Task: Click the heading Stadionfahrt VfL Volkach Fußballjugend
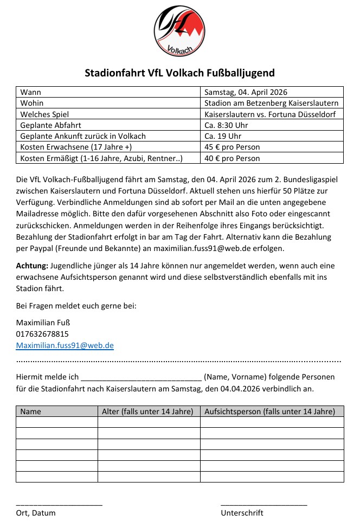click(179, 73)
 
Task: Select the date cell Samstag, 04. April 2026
click(246, 92)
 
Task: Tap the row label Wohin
click(32, 103)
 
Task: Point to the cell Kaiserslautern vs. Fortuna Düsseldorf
click(270, 114)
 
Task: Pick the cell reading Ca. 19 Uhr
click(221, 136)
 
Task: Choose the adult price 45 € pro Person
click(232, 147)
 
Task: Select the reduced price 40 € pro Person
click(232, 158)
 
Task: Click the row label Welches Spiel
click(44, 114)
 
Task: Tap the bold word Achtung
click(32, 266)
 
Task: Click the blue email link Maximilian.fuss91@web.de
click(65, 345)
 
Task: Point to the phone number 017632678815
click(42, 334)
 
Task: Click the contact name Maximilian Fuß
click(43, 323)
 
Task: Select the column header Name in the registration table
click(30, 411)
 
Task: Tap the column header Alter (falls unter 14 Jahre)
click(147, 411)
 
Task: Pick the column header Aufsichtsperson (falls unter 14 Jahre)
click(269, 411)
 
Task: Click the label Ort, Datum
click(36, 513)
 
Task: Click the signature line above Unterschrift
click(263, 504)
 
